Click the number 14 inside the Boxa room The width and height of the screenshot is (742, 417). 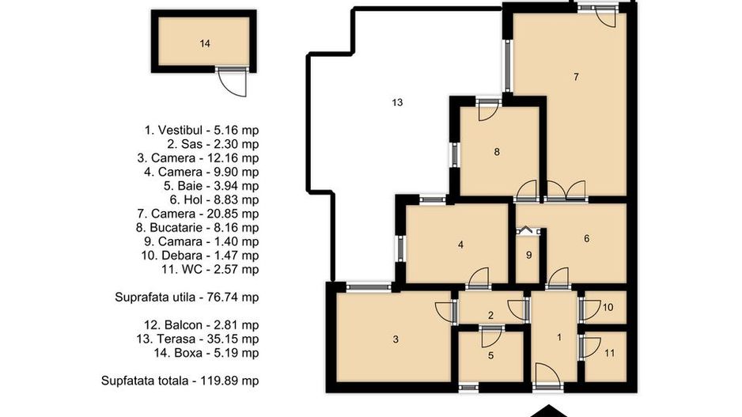click(x=205, y=44)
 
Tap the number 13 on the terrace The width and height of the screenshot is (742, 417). click(x=397, y=102)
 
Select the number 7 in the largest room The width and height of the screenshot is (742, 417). click(x=576, y=77)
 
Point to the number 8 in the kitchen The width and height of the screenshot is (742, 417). click(x=497, y=152)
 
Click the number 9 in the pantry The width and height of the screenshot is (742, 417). click(x=529, y=255)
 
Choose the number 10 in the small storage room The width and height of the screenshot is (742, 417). click(x=608, y=307)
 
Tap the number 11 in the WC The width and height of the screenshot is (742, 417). click(x=609, y=353)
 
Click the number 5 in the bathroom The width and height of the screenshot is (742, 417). click(x=490, y=355)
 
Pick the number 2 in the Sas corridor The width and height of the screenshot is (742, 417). click(x=490, y=315)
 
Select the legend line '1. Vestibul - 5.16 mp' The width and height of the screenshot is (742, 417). click(x=202, y=131)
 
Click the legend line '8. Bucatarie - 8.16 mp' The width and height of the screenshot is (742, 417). click(x=197, y=228)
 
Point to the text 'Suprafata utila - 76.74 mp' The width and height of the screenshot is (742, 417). click(x=187, y=298)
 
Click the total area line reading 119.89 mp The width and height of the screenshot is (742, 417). click(x=180, y=381)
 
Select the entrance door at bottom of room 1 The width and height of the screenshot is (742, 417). click(x=547, y=374)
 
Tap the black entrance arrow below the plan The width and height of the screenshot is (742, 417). click(x=548, y=411)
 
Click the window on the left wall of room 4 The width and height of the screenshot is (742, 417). click(x=401, y=249)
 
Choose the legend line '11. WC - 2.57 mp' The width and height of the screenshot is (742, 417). click(x=210, y=269)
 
